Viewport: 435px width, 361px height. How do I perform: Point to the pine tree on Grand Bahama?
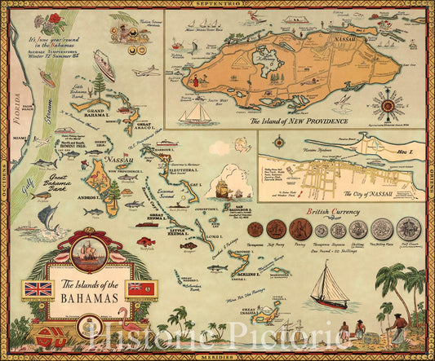point(100,85)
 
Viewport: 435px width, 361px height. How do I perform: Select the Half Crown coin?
point(408,228)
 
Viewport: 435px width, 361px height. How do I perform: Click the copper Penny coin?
point(299,229)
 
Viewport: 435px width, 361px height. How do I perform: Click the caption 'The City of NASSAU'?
point(341,193)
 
